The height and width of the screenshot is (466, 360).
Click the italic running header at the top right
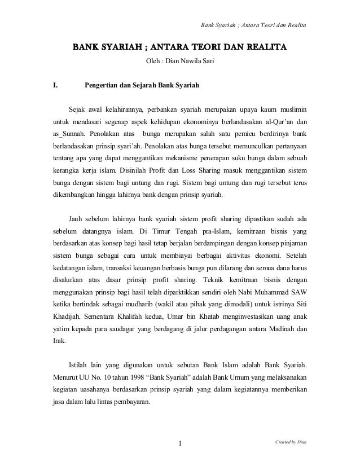tap(254, 24)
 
